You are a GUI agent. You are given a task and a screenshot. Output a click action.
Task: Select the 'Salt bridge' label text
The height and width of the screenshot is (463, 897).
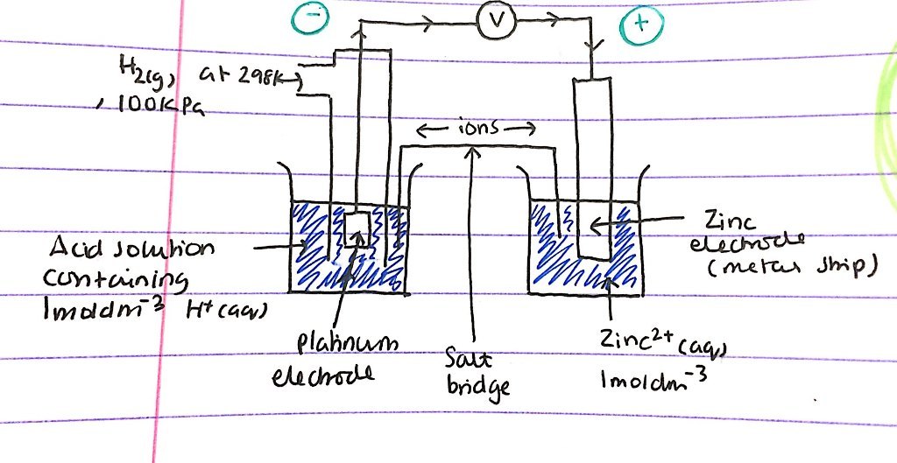[471, 371]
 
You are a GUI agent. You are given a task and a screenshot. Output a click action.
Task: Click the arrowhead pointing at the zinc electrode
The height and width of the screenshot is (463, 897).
[596, 227]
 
